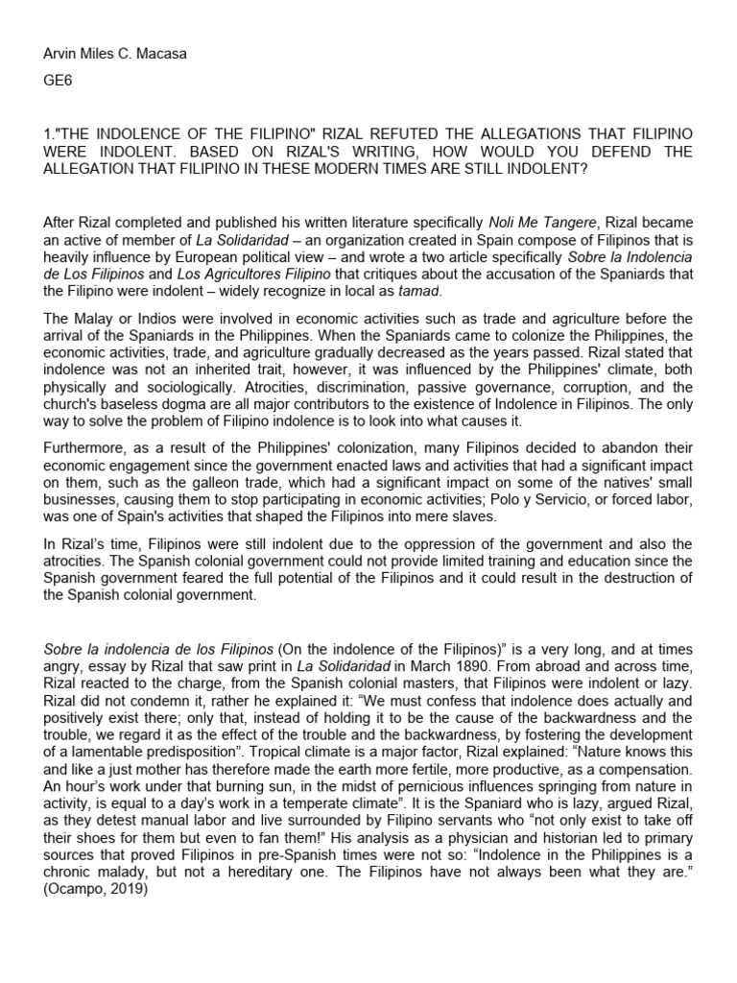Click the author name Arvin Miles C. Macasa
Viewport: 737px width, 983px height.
click(x=116, y=54)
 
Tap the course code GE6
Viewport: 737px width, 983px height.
click(x=59, y=83)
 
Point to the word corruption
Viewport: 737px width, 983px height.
click(x=588, y=386)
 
